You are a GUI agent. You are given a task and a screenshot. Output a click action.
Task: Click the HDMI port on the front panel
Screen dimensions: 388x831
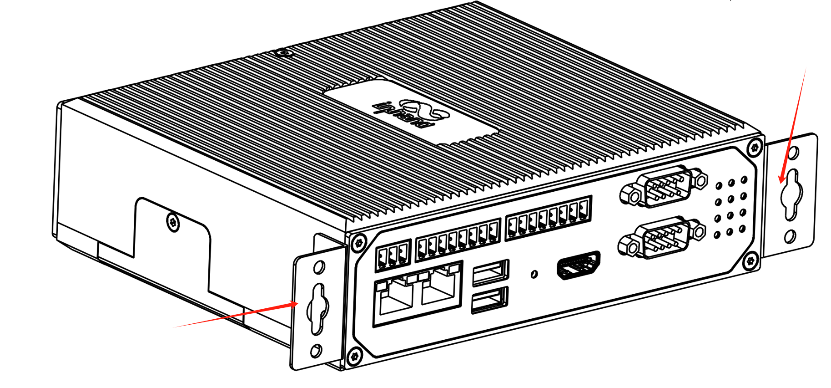[x=579, y=265]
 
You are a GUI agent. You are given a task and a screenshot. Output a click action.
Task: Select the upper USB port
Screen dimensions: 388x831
[x=490, y=272]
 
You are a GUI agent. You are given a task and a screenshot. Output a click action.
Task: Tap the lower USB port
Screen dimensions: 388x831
[x=489, y=300]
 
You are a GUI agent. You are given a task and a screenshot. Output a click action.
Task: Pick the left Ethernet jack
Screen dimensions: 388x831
[x=394, y=297]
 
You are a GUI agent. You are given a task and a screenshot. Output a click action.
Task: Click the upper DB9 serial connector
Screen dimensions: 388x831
[x=664, y=186]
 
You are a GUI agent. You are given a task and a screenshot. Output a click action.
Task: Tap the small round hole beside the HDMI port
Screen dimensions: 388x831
[x=534, y=274]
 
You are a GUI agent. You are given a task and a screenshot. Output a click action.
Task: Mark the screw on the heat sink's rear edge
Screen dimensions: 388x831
[x=285, y=53]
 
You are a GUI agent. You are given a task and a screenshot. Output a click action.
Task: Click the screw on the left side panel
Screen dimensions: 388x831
[x=173, y=222]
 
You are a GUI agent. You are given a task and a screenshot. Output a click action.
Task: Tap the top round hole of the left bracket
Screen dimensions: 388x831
[x=319, y=267]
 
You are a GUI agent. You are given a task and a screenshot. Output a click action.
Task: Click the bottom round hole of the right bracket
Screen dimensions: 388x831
[x=791, y=236]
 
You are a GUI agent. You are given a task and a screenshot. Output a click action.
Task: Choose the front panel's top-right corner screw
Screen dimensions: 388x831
[x=755, y=147]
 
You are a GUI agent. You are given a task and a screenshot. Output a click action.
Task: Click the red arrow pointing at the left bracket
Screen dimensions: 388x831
[x=237, y=314]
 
